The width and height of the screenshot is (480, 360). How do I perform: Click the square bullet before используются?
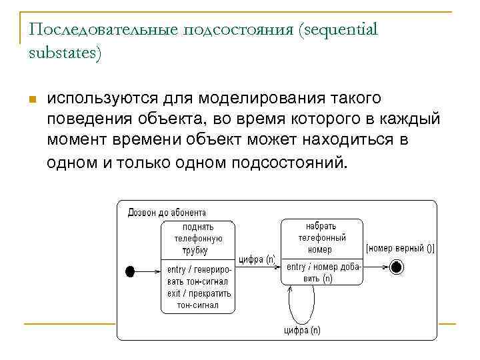point(31,100)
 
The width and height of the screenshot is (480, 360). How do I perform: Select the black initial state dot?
point(130,271)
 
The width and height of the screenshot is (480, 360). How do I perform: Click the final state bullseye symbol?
point(397,267)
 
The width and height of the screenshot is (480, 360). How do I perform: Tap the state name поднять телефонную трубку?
point(197,239)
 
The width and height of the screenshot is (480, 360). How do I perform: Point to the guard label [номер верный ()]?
point(400,249)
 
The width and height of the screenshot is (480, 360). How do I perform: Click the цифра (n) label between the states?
point(257,259)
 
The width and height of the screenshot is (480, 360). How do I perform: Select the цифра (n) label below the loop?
point(302,330)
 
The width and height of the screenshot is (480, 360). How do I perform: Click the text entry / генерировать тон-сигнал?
point(199,275)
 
